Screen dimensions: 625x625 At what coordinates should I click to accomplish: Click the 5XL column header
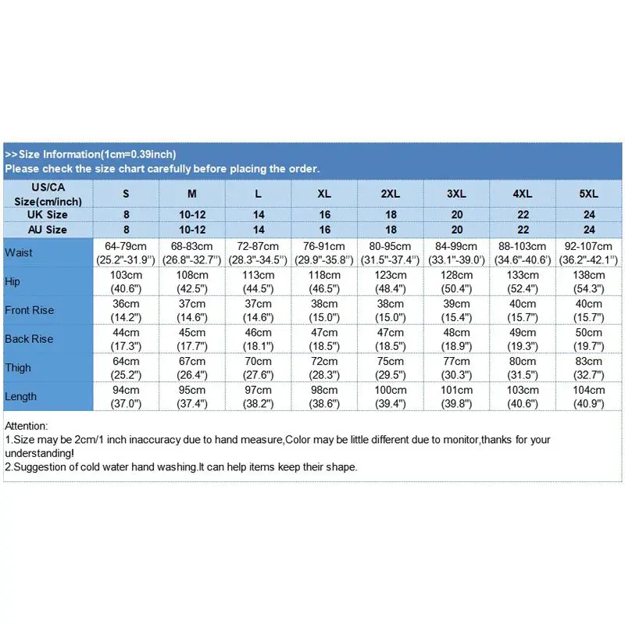(589, 193)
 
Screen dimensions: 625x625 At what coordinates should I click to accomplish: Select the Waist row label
(19, 252)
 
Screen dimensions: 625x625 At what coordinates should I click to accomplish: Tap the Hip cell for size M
(192, 281)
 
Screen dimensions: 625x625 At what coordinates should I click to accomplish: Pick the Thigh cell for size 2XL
(391, 367)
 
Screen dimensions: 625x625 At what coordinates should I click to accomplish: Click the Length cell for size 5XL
(589, 396)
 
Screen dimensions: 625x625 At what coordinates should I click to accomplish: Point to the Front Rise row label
(30, 310)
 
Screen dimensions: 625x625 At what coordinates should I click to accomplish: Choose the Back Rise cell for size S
(126, 339)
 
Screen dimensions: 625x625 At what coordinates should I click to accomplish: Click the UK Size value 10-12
(192, 215)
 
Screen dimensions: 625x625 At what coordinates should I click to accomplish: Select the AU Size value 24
(589, 230)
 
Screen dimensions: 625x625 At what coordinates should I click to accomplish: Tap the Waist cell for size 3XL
(457, 252)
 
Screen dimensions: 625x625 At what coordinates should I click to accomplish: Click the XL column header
(324, 193)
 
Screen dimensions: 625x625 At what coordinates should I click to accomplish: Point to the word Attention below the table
(27, 426)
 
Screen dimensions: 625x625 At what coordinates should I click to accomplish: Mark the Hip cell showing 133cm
(523, 281)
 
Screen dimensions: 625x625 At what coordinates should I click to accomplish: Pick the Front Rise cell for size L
(259, 310)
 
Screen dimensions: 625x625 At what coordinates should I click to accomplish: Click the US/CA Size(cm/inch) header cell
(48, 193)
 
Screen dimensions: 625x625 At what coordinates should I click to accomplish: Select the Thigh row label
(19, 367)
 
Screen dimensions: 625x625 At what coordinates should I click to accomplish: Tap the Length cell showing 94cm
(126, 396)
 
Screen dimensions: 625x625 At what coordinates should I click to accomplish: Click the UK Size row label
(48, 215)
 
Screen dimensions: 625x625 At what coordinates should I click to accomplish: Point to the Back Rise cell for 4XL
(523, 339)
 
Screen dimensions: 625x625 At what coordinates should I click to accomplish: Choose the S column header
(126, 193)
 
